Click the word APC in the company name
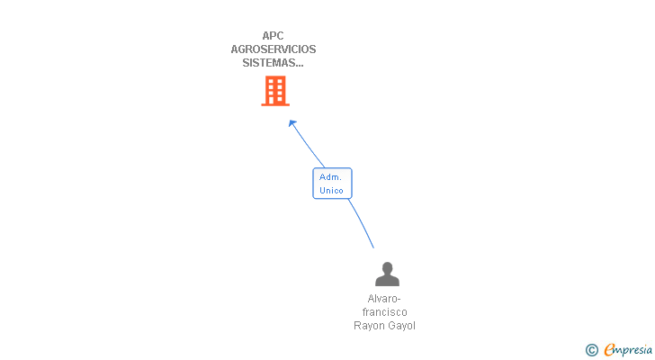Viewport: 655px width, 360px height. (273, 36)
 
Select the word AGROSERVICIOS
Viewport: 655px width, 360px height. (274, 49)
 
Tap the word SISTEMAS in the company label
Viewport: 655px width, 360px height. (267, 63)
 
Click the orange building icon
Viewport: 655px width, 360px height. (275, 91)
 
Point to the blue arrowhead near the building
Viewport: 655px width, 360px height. (292, 123)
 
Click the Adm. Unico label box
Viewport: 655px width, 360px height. (332, 184)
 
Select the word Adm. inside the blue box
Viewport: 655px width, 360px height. (330, 177)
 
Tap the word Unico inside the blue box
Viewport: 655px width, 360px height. (331, 191)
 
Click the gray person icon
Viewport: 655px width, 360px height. (387, 274)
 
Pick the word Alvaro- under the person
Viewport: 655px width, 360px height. (384, 299)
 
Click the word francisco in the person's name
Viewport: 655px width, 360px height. (384, 312)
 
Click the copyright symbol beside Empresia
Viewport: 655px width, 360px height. (592, 350)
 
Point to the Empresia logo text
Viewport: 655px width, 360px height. (628, 350)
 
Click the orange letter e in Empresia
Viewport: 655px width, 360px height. (609, 350)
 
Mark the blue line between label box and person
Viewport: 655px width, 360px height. (362, 222)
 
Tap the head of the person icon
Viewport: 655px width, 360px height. (387, 267)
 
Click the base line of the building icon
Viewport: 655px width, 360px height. (275, 104)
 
